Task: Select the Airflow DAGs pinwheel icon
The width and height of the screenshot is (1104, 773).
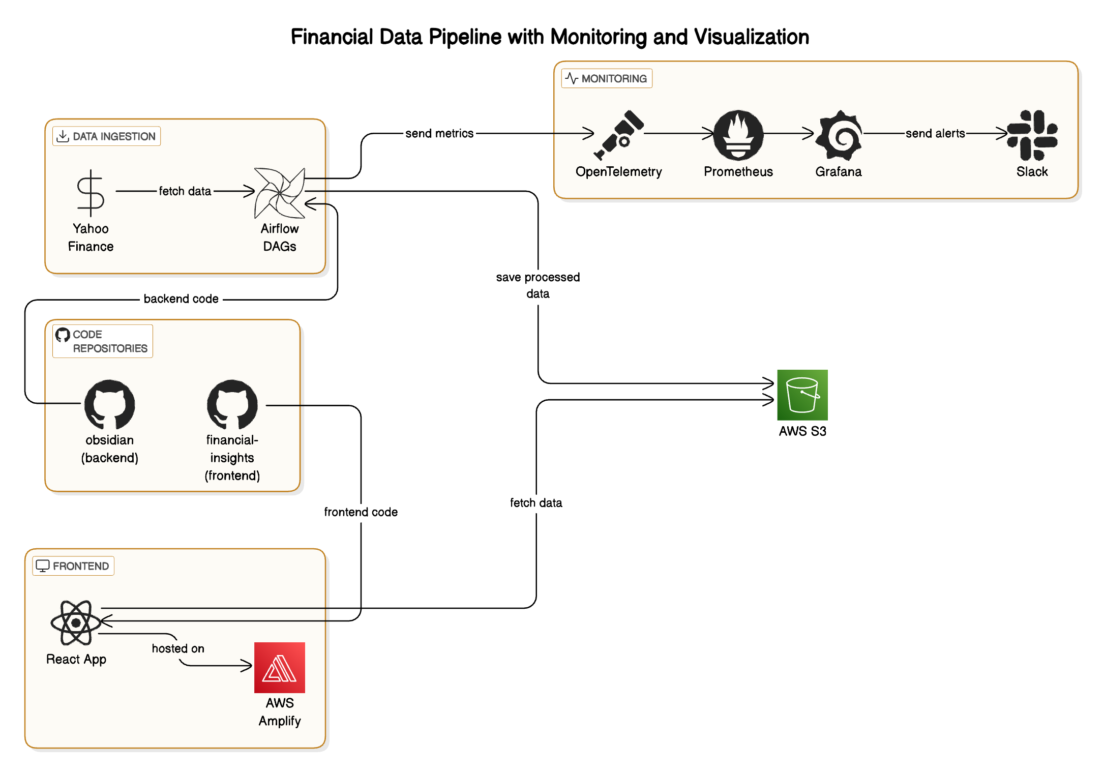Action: click(x=280, y=193)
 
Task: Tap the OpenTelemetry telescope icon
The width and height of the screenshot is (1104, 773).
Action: click(x=619, y=135)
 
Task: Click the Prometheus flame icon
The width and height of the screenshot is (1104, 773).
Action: click(x=738, y=135)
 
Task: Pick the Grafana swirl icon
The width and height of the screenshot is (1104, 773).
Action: click(x=839, y=135)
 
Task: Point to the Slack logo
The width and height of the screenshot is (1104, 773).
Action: click(x=1032, y=135)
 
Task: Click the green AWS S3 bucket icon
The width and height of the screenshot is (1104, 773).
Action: click(x=802, y=395)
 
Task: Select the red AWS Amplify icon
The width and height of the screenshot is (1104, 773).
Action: click(x=280, y=667)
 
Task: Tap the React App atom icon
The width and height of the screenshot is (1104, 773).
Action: click(x=76, y=622)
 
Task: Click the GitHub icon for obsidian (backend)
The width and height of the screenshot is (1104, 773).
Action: click(x=109, y=404)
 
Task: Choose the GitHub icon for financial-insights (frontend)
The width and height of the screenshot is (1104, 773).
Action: click(x=232, y=404)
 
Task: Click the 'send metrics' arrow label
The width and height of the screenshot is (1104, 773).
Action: click(x=439, y=133)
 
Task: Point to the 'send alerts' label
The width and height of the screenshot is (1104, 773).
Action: click(x=935, y=133)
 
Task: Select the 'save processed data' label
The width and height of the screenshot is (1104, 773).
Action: click(x=538, y=285)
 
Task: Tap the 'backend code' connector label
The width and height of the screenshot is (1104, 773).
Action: click(x=181, y=299)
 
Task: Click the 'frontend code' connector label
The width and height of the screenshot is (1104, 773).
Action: click(x=361, y=512)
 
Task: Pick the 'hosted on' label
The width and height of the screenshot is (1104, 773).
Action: click(x=178, y=648)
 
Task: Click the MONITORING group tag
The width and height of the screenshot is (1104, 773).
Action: click(x=607, y=78)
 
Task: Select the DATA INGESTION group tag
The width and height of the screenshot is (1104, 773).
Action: click(x=107, y=136)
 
